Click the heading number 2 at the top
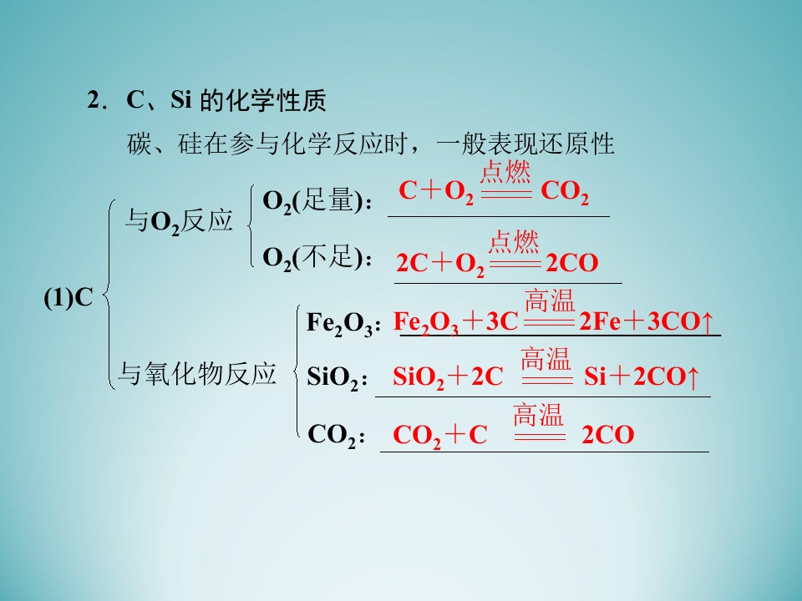[x=93, y=99]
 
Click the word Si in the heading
[x=181, y=99]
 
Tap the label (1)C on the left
[x=69, y=297]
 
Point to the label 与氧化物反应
[x=197, y=373]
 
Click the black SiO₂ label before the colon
[x=332, y=377]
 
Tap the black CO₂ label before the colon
[x=332, y=436]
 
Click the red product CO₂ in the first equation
[x=565, y=192]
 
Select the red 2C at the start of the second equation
[x=412, y=263]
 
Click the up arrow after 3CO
[x=708, y=322]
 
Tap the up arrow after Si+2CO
[x=693, y=377]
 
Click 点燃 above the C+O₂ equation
[x=505, y=172]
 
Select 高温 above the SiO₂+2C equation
[x=546, y=359]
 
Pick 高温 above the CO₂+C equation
[x=539, y=415]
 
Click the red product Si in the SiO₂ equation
[x=595, y=376]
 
